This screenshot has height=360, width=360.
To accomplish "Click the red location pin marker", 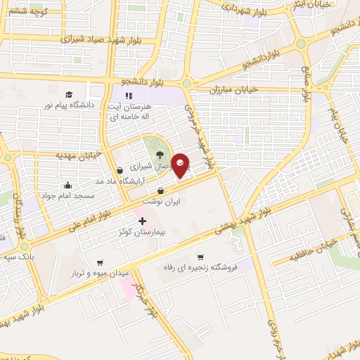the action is point(181,165).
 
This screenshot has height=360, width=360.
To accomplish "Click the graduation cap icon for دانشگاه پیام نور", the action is point(69,94).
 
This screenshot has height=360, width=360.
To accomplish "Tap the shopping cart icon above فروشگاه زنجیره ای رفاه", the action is point(200,257).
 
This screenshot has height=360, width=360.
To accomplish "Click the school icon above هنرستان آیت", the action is point(128,96).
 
